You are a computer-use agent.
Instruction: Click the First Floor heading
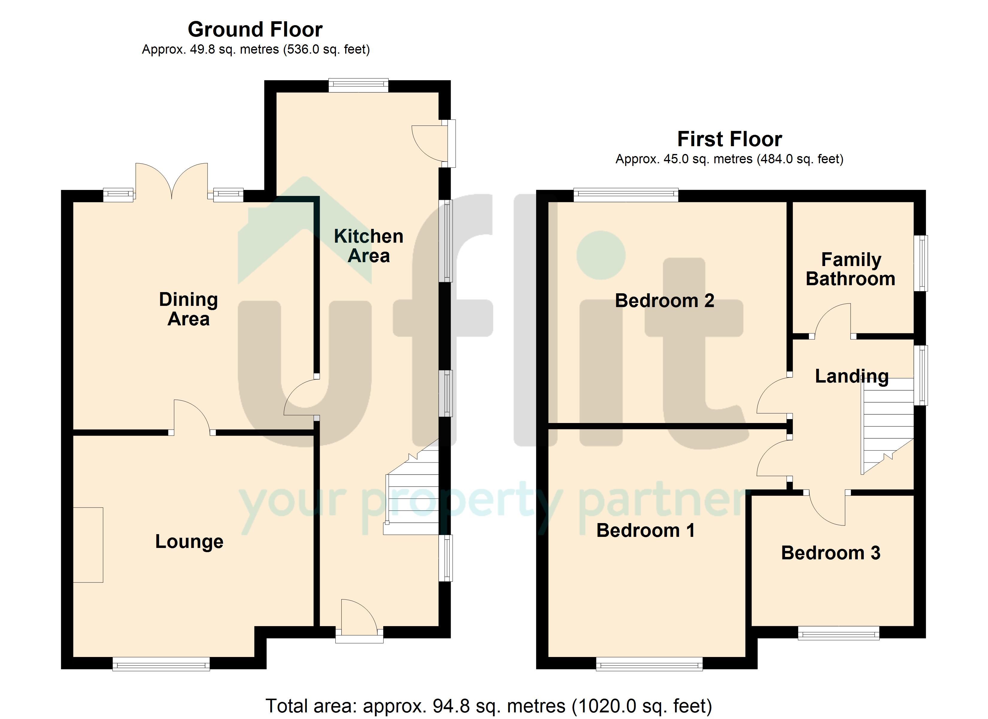(x=730, y=139)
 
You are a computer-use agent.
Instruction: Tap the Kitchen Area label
(x=369, y=246)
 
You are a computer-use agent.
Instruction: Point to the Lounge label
(x=189, y=542)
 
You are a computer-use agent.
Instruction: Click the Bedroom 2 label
(x=664, y=300)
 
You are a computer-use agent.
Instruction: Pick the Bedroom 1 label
(x=645, y=530)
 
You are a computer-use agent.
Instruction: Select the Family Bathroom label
(x=850, y=269)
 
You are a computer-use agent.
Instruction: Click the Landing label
(x=852, y=376)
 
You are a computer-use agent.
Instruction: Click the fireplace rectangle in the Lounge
(x=88, y=545)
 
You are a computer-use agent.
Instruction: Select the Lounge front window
(x=161, y=664)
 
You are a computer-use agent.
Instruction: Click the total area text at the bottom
(x=489, y=706)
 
